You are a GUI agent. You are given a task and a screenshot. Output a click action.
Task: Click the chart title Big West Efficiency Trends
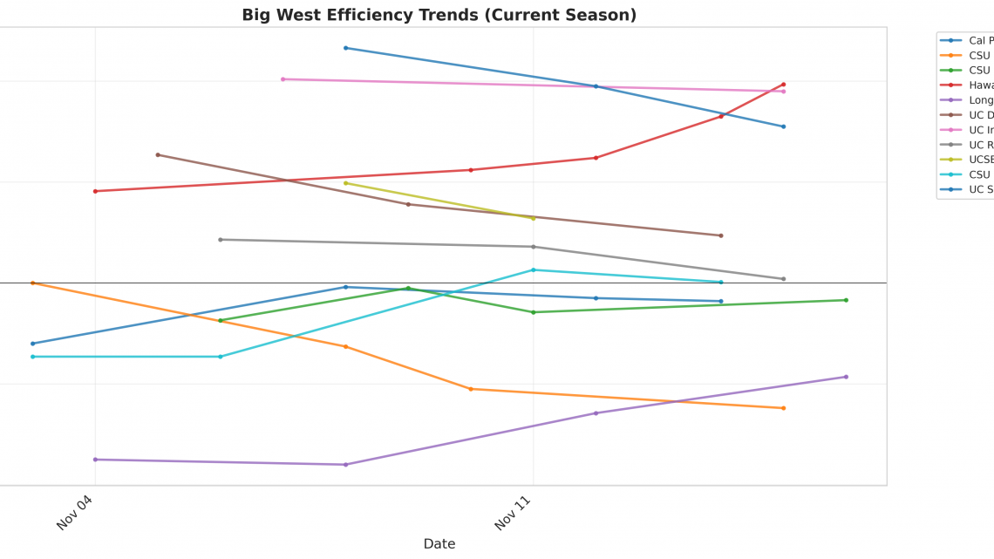coord(439,15)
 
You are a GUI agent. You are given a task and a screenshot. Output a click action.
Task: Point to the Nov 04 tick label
coord(75,510)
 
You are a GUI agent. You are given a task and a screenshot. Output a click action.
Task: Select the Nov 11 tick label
coord(514,510)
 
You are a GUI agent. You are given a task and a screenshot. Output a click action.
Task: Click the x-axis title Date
coord(439,544)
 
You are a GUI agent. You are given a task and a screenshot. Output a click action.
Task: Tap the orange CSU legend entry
coord(978,55)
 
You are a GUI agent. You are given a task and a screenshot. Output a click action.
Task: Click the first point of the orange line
coord(32,283)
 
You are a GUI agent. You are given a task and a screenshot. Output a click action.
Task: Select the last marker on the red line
coord(783,85)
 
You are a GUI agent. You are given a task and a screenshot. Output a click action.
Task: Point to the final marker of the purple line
coord(846,377)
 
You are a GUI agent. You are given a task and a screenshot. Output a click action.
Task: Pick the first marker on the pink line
coord(283,79)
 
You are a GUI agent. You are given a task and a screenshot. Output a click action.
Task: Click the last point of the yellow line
coord(534,218)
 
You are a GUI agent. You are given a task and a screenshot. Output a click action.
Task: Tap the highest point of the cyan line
coord(534,269)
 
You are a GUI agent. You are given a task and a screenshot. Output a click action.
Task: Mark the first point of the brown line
coord(158,155)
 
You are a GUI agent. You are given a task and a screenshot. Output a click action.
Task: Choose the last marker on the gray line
coord(783,279)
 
